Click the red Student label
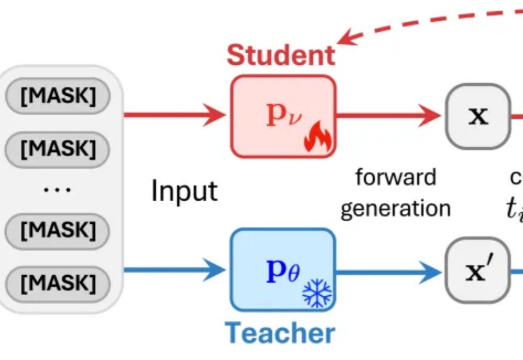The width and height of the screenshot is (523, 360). pyautogui.click(x=281, y=55)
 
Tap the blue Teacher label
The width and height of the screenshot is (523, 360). pyautogui.click(x=280, y=333)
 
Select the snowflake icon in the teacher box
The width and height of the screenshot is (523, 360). pyautogui.click(x=317, y=294)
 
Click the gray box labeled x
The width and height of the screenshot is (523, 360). pyautogui.click(x=478, y=116)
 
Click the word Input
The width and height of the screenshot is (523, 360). pyautogui.click(x=185, y=192)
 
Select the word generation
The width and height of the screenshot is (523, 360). pyautogui.click(x=396, y=208)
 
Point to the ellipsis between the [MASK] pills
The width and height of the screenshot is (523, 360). pyautogui.click(x=57, y=189)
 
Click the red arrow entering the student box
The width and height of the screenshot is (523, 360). pyautogui.click(x=174, y=116)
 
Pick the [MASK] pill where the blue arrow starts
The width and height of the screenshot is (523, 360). pyautogui.click(x=58, y=282)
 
